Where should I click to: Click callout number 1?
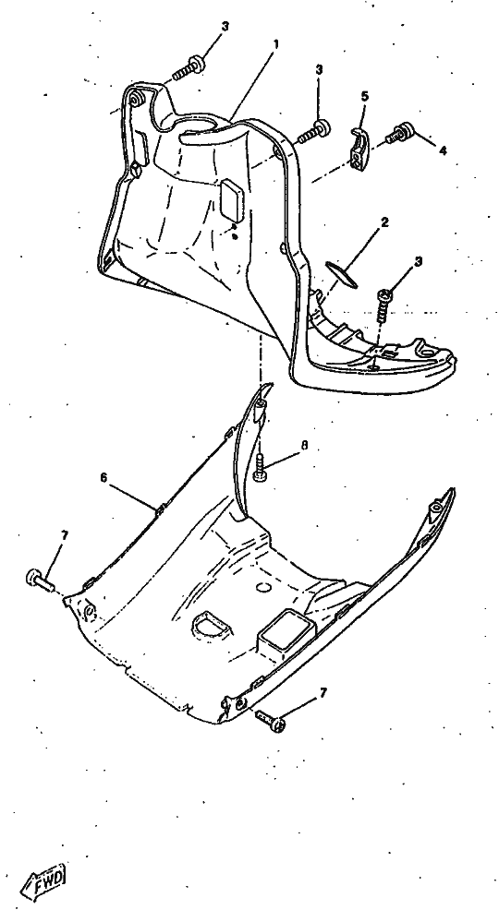coord(276,44)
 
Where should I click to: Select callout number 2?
coord(384,222)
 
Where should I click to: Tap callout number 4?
coord(443,150)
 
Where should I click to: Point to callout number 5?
coord(365,96)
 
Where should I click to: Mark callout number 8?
coord(304,446)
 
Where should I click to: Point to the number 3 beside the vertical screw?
coord(419,262)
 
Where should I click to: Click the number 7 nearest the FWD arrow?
coord(64,535)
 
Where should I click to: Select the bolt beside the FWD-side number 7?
coord(40,580)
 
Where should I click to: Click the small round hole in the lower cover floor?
coord(263,587)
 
